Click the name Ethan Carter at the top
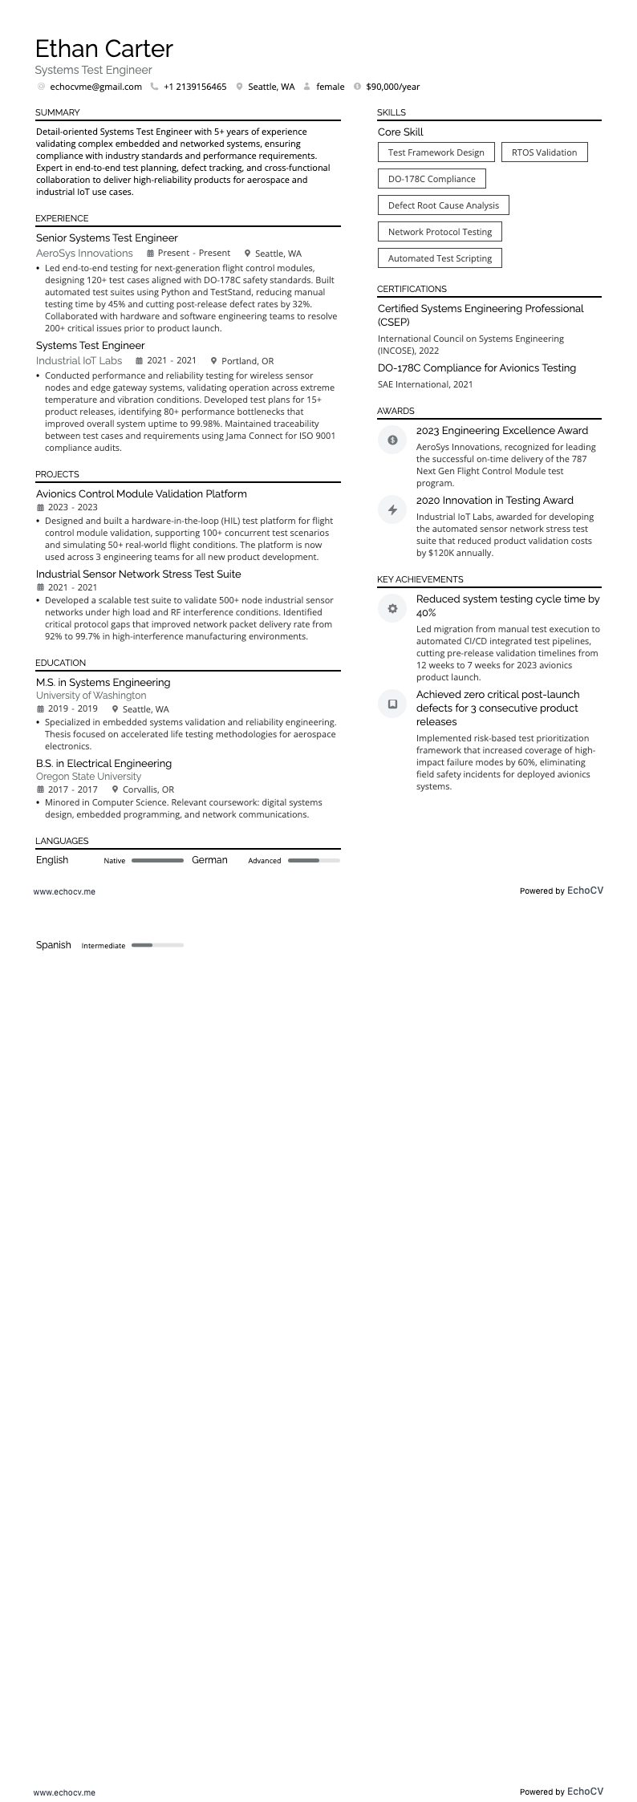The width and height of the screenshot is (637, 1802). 104,49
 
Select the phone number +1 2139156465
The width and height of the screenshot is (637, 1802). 195,87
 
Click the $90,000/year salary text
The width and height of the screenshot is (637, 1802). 392,87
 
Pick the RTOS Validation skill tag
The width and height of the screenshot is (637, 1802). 544,152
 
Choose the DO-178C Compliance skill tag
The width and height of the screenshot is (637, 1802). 432,179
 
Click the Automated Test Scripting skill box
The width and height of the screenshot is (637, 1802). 440,258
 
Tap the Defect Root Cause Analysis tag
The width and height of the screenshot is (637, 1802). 443,205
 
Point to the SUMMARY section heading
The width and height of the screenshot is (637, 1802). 58,113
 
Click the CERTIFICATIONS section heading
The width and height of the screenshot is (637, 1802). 412,289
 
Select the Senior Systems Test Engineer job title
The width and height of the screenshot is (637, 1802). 107,238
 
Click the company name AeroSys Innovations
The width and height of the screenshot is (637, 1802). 84,254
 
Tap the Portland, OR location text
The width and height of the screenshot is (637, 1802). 247,361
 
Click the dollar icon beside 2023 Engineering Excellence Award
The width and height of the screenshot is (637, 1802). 392,440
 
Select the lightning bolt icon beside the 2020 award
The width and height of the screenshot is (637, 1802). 392,509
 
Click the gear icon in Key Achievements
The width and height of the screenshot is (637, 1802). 392,609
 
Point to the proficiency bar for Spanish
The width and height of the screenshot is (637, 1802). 157,945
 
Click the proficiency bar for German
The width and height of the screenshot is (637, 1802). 314,860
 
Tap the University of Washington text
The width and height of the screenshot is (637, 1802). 91,696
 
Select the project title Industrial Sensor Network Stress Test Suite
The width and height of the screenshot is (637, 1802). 138,574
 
